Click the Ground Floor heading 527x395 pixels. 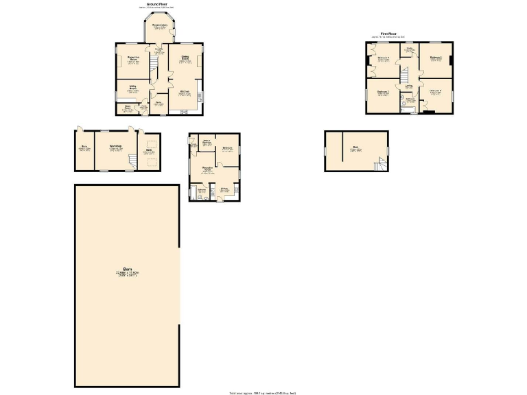coord(158,3)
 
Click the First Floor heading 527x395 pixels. coord(389,34)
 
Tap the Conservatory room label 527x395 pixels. coord(161,25)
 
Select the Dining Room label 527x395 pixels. coord(185,59)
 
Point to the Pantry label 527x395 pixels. coord(158,104)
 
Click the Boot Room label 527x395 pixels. coord(128,107)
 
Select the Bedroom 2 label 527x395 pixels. coord(435,58)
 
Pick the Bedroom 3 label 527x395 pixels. coord(382,92)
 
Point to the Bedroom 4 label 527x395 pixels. coord(435,92)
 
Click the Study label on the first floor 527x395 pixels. coord(409,49)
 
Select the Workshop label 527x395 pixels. coord(116,147)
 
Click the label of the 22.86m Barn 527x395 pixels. coord(127,272)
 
